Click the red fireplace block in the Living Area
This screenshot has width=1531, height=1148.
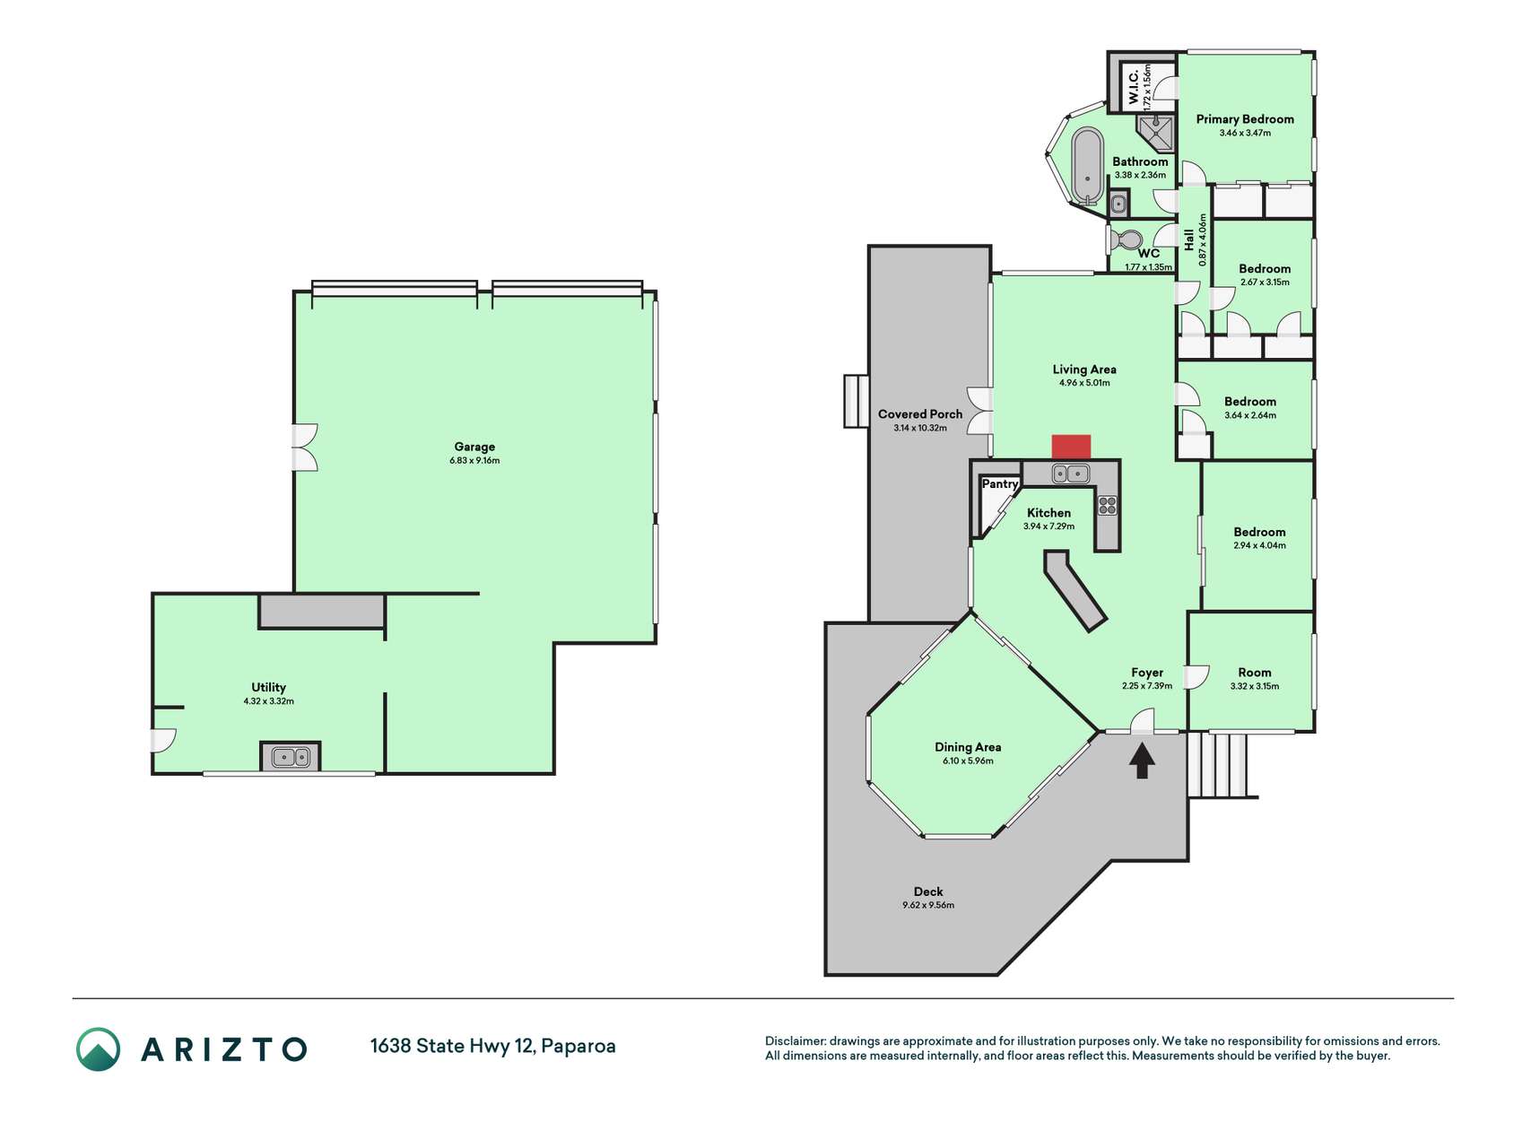tap(1071, 447)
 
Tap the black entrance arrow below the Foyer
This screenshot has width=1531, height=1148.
tap(1142, 761)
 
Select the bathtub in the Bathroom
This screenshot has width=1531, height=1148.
tap(1088, 167)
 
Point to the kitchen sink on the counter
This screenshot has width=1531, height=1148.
tap(1071, 473)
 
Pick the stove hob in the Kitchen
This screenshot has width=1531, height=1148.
tap(1108, 505)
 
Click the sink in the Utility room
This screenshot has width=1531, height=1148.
tap(290, 757)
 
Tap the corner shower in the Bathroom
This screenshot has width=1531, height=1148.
tap(1157, 131)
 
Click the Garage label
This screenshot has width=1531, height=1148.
tap(474, 447)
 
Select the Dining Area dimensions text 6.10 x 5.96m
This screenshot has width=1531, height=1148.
tap(968, 761)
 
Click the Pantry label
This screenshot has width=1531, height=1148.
tap(1000, 484)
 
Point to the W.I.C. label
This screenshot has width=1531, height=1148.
tap(1134, 86)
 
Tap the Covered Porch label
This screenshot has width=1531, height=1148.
tap(920, 414)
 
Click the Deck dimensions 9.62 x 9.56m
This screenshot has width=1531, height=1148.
tap(928, 906)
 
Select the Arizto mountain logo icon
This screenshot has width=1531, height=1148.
tap(98, 1049)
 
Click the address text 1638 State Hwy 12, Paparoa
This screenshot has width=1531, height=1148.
tap(493, 1046)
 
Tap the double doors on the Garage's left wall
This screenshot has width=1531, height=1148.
tap(306, 448)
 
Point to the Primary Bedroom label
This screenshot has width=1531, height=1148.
tap(1245, 119)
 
